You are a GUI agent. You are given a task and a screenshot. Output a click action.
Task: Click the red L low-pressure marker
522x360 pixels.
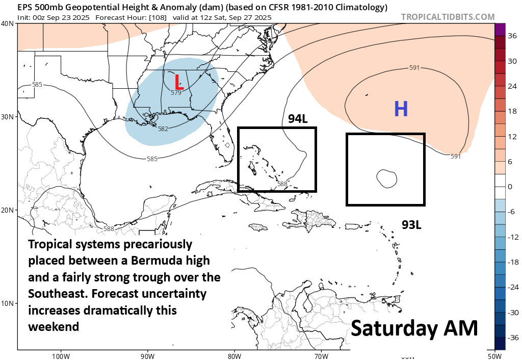(x=178, y=82)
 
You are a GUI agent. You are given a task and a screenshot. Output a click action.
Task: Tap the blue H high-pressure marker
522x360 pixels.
(x=401, y=109)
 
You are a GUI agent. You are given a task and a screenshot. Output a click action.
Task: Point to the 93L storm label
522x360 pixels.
(x=411, y=224)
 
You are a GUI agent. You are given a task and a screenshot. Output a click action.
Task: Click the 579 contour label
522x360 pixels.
(x=176, y=93)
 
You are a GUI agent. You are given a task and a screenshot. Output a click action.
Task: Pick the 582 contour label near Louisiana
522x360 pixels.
(x=163, y=129)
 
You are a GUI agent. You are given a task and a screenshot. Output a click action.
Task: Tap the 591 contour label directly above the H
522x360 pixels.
(x=414, y=68)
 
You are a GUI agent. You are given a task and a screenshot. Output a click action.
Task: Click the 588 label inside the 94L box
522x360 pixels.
(x=282, y=184)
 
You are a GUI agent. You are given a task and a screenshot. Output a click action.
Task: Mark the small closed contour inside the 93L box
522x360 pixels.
(x=386, y=177)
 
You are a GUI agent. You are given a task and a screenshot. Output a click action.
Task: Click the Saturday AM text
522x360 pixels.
(x=414, y=328)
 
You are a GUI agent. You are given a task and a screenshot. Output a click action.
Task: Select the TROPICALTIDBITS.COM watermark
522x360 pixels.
(x=448, y=17)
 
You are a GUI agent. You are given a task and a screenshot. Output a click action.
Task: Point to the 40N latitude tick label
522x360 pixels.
(x=8, y=23)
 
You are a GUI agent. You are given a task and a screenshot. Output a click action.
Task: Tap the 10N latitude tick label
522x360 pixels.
(x=8, y=303)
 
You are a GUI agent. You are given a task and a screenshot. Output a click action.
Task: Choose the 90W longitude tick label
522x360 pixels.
(x=147, y=355)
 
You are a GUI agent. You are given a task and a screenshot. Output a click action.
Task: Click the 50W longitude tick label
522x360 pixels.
(x=494, y=355)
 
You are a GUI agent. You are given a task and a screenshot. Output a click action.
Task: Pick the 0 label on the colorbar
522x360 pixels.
(x=510, y=187)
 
